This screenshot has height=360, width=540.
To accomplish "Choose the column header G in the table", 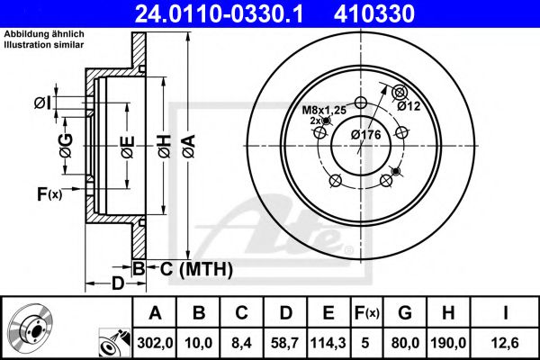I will click(x=405, y=312).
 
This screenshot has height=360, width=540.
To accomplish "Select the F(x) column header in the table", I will click(x=366, y=312).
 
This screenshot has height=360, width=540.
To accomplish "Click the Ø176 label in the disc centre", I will click(x=366, y=134).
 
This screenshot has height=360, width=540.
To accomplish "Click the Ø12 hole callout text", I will click(x=410, y=105).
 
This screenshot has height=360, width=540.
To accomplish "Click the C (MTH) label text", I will click(x=192, y=268).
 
